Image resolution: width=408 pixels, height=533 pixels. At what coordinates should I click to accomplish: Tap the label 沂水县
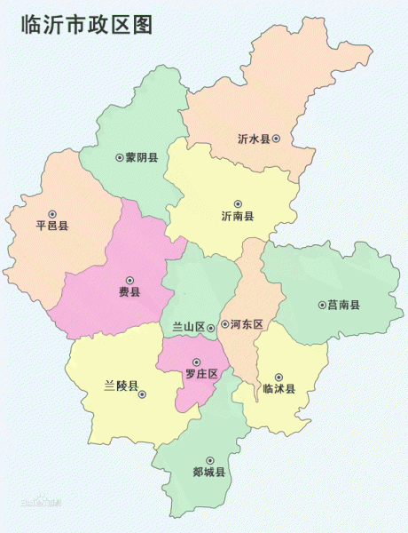tap(253, 139)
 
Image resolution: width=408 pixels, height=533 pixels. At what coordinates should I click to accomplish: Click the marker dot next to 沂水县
tap(277, 139)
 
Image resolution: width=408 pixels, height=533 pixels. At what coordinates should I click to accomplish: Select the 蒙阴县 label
tap(142, 157)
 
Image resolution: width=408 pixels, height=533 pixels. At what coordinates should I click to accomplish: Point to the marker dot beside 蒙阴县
tap(119, 157)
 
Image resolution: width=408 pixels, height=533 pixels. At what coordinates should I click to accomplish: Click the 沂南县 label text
tap(237, 217)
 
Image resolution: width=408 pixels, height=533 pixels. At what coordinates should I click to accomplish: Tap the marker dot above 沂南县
tap(237, 203)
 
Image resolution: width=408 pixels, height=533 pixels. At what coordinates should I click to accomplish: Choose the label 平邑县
tap(51, 226)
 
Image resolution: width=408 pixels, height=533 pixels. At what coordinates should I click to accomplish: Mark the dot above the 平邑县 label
tap(51, 213)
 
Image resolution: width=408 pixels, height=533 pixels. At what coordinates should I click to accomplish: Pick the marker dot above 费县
tap(129, 279)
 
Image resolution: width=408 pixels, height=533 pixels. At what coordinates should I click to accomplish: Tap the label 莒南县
tap(343, 305)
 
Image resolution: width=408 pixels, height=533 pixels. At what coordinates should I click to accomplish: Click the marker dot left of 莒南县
tap(321, 305)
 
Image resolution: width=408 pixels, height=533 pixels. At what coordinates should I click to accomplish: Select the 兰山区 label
tap(188, 327)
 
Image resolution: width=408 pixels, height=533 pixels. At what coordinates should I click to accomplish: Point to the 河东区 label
tap(246, 325)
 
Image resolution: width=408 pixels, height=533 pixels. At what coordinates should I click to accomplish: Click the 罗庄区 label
tap(200, 374)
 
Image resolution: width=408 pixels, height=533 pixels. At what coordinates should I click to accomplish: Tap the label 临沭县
tap(279, 389)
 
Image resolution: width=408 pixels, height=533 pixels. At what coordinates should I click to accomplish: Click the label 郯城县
tap(209, 472)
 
